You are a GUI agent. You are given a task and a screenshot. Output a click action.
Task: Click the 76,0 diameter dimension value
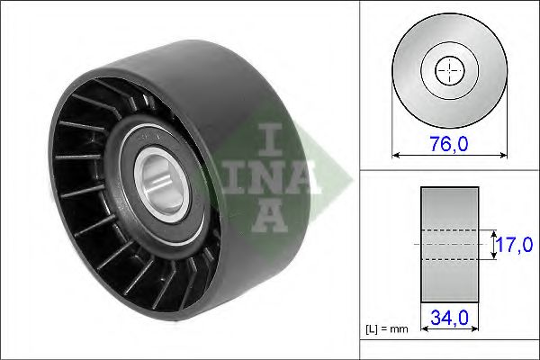(449, 144)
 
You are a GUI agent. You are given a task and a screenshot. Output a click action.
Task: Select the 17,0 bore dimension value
(514, 245)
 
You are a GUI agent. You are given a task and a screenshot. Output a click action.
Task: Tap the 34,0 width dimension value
(449, 318)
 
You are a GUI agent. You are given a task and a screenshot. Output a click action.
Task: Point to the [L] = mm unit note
(387, 329)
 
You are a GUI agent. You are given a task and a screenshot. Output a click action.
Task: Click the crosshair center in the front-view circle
(449, 70)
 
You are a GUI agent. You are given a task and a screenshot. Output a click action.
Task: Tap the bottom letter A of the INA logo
(269, 217)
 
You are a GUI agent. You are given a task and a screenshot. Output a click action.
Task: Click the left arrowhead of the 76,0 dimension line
(395, 156)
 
